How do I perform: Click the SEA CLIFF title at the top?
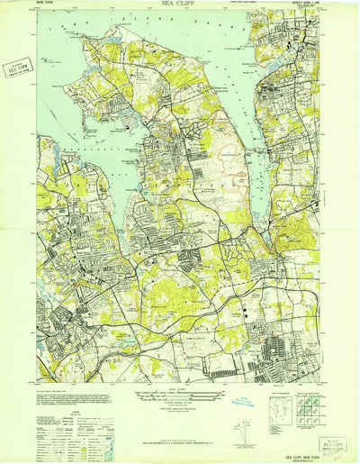[x=179, y=5]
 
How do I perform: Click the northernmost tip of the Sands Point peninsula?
[x=113, y=28]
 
